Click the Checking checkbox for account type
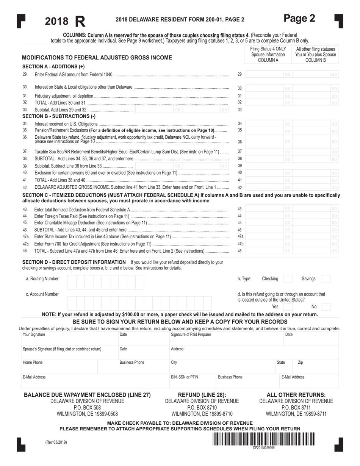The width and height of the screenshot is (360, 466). [288, 279]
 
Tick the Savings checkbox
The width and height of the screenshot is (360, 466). [326, 279]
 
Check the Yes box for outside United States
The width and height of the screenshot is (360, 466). [288, 307]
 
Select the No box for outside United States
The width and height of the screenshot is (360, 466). [326, 307]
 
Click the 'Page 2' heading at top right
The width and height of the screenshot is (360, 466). [299, 18]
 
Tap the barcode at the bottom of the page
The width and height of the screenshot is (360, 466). [264, 439]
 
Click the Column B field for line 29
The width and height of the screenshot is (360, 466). [315, 75]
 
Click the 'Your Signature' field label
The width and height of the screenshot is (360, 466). [34, 335]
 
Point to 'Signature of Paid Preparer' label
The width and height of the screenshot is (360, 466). [191, 335]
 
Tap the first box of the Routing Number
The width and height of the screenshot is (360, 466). [72, 282]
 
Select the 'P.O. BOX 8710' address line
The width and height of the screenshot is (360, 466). [202, 408]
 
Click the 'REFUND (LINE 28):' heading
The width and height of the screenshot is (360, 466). [202, 395]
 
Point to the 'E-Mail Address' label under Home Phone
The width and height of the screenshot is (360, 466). [34, 377]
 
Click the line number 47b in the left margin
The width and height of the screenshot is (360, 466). [25, 244]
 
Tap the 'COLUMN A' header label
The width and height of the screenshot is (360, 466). [268, 60]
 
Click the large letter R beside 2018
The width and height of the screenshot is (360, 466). [80, 21]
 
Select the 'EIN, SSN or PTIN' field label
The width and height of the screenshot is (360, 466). [184, 377]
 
